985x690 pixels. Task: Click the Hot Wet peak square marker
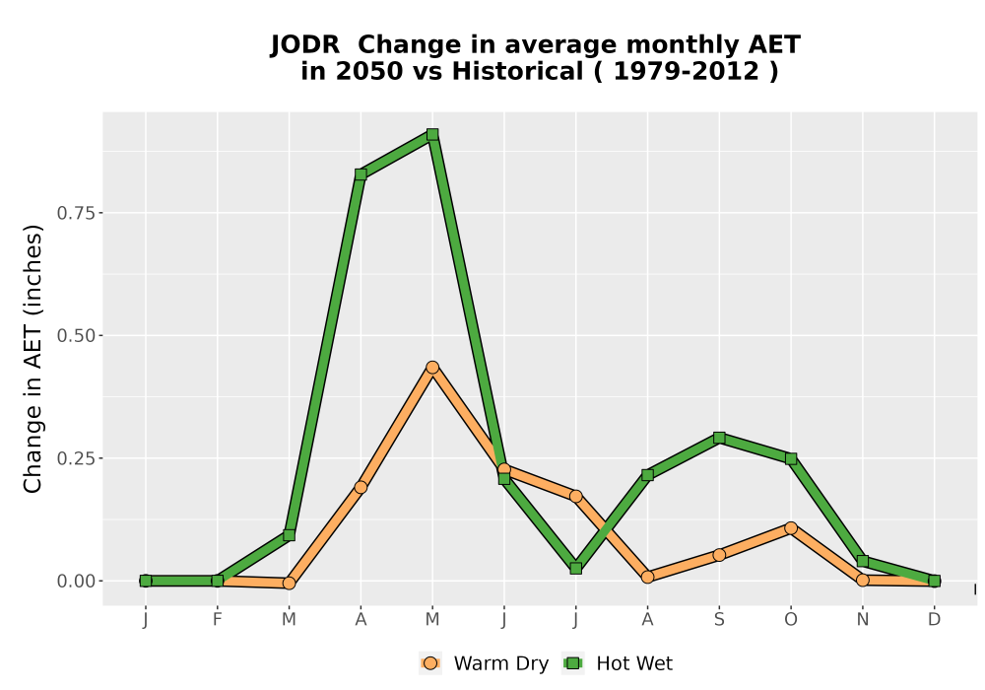tap(432, 134)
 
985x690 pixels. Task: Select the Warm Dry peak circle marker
tap(432, 367)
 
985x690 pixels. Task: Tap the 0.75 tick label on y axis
tap(76, 213)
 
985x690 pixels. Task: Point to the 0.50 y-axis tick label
tap(76, 335)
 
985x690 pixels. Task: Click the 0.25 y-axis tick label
tap(76, 458)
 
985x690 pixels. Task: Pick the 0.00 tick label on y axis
tap(76, 582)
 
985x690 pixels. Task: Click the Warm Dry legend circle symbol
tap(430, 663)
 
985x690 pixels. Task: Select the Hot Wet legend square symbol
tap(573, 663)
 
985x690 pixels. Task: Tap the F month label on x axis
tap(218, 620)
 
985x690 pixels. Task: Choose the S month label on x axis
tap(719, 620)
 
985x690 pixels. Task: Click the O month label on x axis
tap(791, 620)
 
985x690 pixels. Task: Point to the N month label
tap(863, 620)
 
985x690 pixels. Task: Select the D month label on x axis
tap(934, 620)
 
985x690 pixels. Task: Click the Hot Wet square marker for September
tap(719, 438)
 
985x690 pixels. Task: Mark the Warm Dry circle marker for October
tap(791, 528)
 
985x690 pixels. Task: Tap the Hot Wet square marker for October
tap(791, 458)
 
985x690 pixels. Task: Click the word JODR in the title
tap(305, 44)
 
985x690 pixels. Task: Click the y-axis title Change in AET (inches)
tap(33, 359)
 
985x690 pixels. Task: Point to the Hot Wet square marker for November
tap(863, 561)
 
